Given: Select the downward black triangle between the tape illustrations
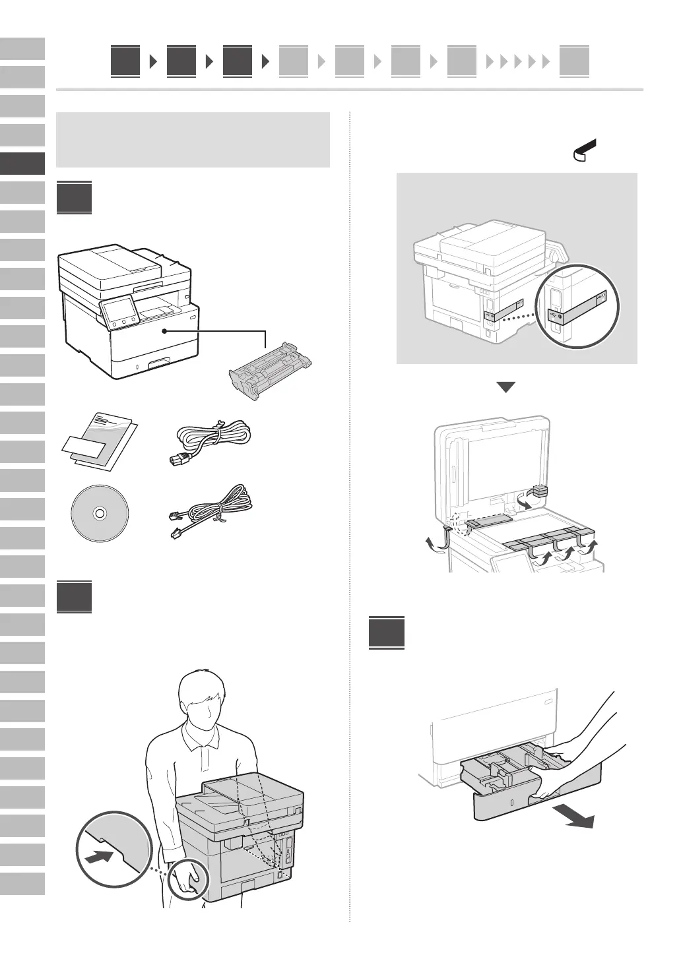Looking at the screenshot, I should click(505, 387).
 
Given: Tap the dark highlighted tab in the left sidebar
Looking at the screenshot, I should click(22, 164).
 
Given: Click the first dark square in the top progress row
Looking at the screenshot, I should click(125, 62).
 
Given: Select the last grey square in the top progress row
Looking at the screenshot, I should click(573, 62).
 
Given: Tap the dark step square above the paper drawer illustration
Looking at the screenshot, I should click(386, 632).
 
